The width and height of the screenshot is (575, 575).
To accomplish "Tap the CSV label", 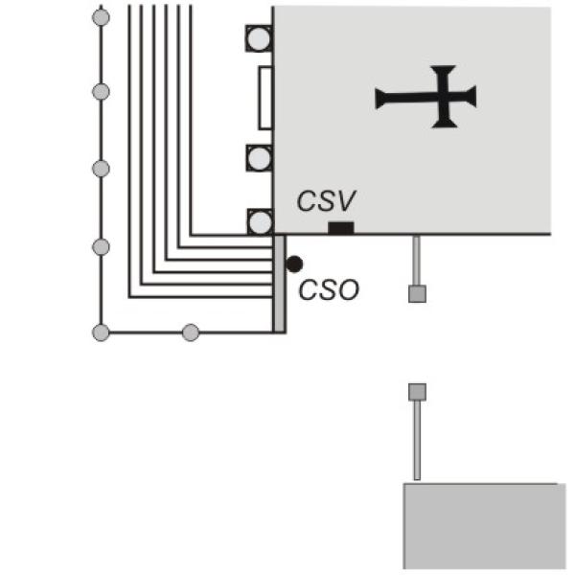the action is tap(326, 201).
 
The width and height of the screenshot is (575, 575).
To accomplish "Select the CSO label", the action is tap(329, 290).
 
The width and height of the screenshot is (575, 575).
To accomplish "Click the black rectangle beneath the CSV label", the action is tap(341, 228).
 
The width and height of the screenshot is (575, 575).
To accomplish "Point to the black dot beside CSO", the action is tap(294, 264).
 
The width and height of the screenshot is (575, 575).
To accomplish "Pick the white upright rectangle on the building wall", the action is tap(265, 98).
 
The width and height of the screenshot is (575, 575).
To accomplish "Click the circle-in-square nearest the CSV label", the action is tap(260, 222).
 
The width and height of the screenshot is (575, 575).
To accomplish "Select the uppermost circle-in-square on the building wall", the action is tap(259, 38).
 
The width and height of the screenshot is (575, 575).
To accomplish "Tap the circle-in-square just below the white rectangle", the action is tap(260, 158).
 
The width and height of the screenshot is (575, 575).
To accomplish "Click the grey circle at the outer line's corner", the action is tap(101, 333).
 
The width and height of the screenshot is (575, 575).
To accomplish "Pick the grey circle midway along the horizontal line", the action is tap(191, 333).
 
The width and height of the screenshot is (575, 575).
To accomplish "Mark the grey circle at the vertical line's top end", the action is tap(101, 17).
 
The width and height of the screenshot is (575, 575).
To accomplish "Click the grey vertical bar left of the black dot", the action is tap(280, 284).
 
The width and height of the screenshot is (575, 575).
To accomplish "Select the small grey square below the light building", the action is tap(417, 294).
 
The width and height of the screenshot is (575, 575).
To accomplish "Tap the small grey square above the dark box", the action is tap(417, 392).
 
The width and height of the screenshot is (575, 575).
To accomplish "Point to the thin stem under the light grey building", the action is tap(417, 261).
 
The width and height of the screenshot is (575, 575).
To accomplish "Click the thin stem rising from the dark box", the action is tap(417, 440).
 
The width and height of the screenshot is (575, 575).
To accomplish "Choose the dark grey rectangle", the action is tap(484, 526).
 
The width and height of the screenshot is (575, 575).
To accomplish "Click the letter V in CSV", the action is tap(346, 201).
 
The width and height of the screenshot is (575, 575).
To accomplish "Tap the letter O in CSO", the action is tap(349, 290).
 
